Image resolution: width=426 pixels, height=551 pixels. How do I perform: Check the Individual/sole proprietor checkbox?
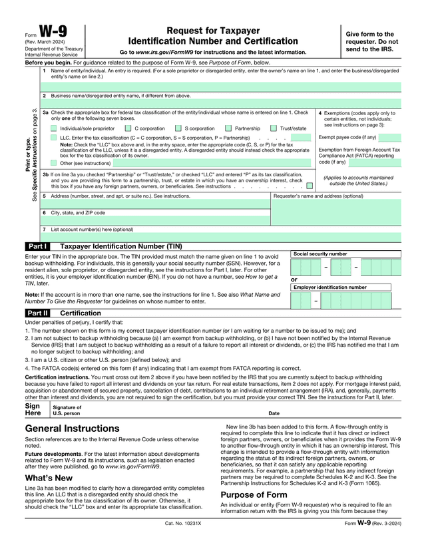coord(55,128)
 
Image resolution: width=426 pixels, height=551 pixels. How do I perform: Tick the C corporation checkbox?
coord(128,128)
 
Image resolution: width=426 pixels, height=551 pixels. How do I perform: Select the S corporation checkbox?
coord(178,128)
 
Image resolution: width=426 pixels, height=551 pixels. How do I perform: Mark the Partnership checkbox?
coord(228,128)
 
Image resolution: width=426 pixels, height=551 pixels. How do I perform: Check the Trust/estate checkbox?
coord(274,128)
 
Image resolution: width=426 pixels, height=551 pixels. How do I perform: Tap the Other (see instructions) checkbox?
coord(55,162)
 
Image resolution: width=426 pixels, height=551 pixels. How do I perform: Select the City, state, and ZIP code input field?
coord(156,220)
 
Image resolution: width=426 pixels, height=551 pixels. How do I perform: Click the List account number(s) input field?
coord(220,237)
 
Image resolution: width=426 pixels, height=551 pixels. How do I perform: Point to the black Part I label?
coord(37,246)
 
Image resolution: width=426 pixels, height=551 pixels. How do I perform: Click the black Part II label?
coord(37,312)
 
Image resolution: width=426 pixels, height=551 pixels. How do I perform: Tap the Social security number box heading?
coord(320,254)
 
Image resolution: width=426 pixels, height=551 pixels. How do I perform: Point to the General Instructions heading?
coord(73,429)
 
